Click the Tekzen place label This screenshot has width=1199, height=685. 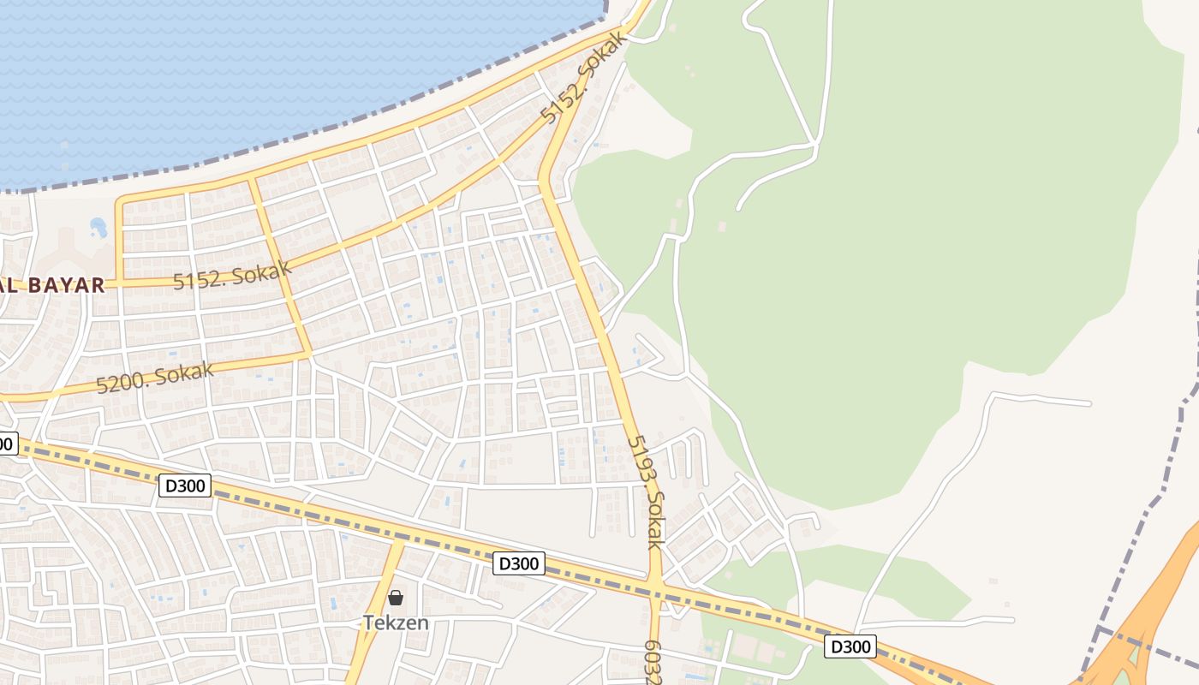tap(396, 622)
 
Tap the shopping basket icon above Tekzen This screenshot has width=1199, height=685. tap(396, 598)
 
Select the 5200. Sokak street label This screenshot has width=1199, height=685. tap(155, 377)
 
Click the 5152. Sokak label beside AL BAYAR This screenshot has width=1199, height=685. tap(232, 275)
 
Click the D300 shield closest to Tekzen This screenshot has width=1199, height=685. tap(519, 563)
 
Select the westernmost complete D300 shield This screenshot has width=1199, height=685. tap(184, 485)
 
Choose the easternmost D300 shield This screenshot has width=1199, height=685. tap(850, 646)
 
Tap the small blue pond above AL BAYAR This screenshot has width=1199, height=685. tap(98, 228)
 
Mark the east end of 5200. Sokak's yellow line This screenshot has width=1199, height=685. tap(308, 352)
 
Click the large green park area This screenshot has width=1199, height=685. tap(899, 257)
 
